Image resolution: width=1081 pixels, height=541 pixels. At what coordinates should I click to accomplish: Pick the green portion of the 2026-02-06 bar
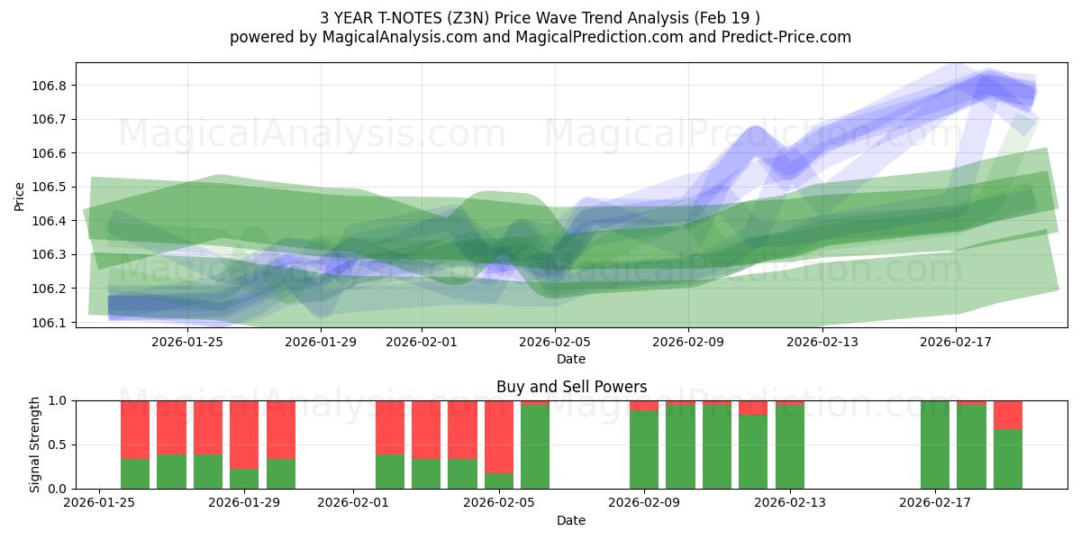pyautogui.click(x=535, y=447)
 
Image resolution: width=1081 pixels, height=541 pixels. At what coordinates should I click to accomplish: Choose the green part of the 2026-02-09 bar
pyautogui.click(x=644, y=450)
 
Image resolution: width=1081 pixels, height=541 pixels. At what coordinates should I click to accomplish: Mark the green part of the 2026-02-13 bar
pyautogui.click(x=790, y=447)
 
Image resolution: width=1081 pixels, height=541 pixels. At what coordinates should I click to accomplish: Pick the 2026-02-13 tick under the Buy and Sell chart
pyautogui.click(x=790, y=502)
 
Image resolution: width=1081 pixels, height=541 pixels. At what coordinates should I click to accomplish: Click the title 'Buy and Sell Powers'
pyautogui.click(x=571, y=387)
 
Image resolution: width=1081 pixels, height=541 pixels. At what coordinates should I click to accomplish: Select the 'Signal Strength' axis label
pyautogui.click(x=35, y=445)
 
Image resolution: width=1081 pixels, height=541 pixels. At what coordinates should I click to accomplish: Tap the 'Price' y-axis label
pyautogui.click(x=20, y=195)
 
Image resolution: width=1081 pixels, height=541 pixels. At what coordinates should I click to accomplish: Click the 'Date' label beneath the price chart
pyautogui.click(x=571, y=359)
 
